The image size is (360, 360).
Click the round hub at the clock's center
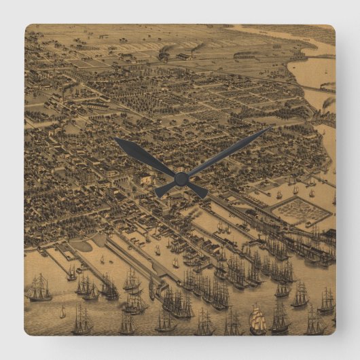point(181,179)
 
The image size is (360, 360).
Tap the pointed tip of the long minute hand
point(270,128)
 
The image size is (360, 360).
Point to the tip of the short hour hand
point(117,140)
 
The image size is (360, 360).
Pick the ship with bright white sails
point(257,321)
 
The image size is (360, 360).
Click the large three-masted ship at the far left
point(39,289)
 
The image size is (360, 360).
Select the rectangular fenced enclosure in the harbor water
point(300,211)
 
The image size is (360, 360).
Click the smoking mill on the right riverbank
point(327,104)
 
